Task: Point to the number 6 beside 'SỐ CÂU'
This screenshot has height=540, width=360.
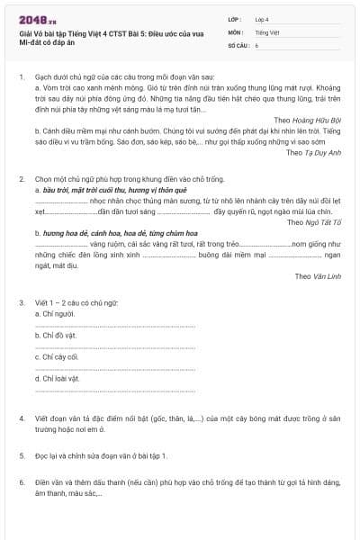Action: (x=256, y=44)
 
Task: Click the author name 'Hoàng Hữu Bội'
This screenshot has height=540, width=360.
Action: (x=321, y=119)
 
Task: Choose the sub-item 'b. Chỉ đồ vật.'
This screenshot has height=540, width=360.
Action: (x=55, y=335)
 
